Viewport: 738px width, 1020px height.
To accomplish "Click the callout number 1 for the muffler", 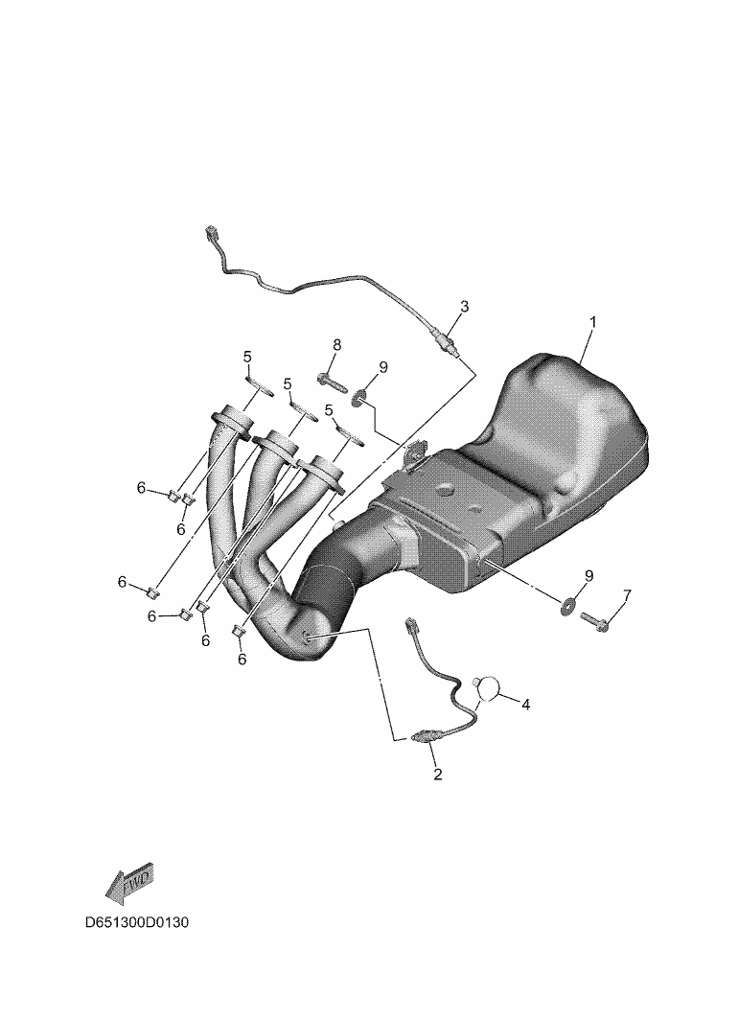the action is [592, 321].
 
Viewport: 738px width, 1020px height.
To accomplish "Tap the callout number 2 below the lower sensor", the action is [438, 775].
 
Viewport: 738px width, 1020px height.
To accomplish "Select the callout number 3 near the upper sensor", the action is [464, 306].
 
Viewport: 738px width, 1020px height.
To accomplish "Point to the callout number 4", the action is [525, 704].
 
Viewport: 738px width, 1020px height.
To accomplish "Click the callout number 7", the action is [627, 594].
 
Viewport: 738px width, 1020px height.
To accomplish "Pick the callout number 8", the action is [336, 345].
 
